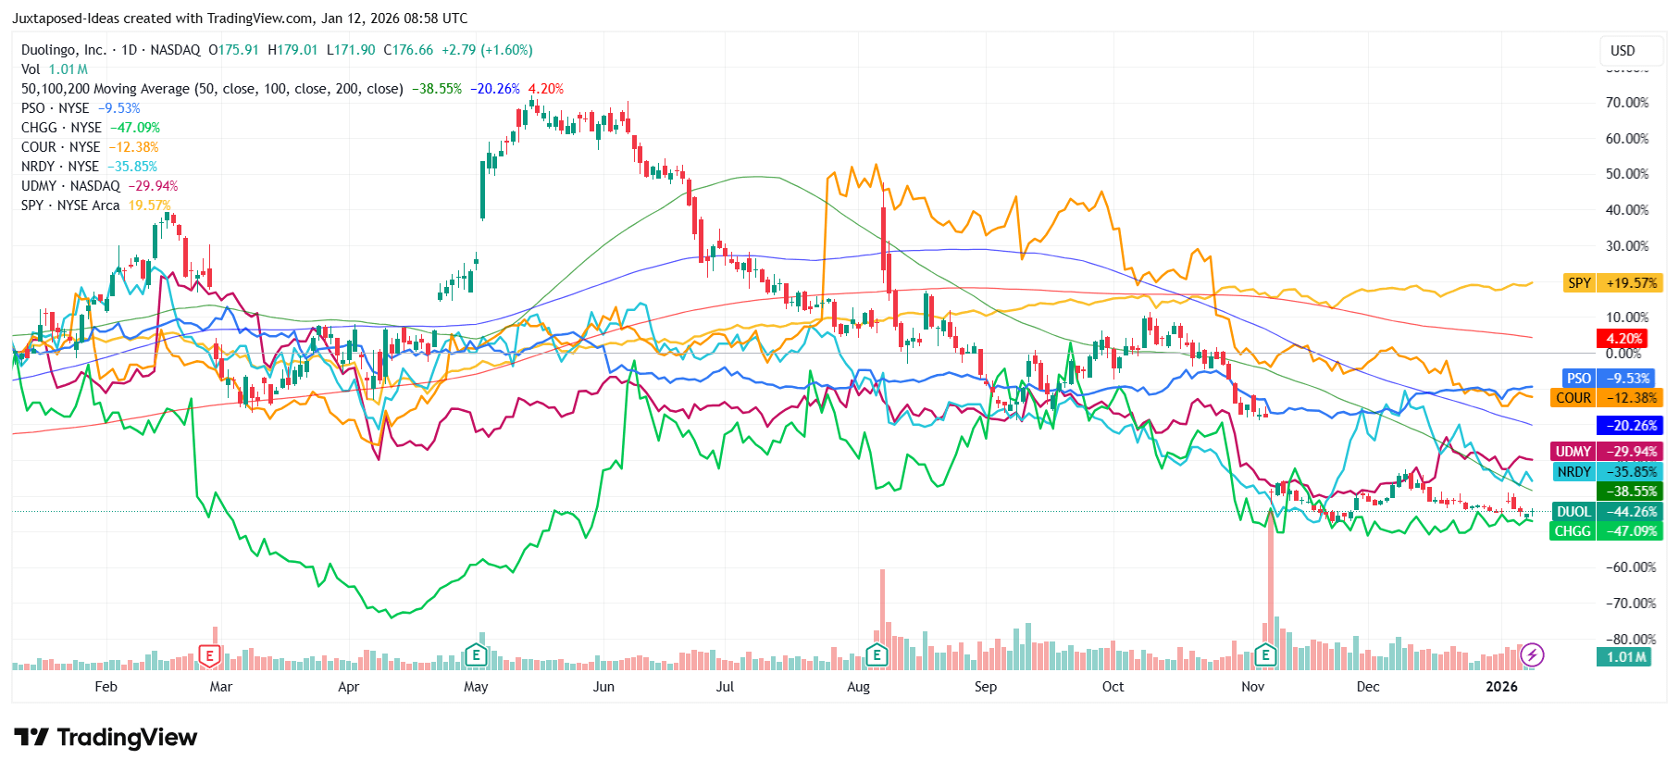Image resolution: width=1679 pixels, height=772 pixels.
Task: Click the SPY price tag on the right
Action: [x=1580, y=283]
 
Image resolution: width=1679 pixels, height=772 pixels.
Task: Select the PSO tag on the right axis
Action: [x=1578, y=379]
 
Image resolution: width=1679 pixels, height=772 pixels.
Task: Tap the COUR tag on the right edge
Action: [x=1573, y=398]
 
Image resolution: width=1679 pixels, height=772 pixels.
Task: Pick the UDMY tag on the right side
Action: [x=1573, y=452]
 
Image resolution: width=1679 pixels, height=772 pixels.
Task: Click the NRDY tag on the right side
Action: [x=1573, y=472]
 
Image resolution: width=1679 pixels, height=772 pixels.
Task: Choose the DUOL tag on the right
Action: [x=1573, y=512]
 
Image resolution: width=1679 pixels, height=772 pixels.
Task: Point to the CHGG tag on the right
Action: [x=1573, y=531]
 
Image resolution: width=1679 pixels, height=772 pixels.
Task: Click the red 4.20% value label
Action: [x=1623, y=339]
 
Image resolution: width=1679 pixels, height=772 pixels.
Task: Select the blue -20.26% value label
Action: [x=1629, y=426]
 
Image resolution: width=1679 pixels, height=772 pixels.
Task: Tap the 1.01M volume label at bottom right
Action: [x=1626, y=657]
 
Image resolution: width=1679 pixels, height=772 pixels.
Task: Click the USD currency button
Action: [x=1623, y=51]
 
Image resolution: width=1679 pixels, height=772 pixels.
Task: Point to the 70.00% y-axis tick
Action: [x=1627, y=103]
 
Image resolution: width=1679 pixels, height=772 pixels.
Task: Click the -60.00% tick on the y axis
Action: [x=1630, y=567]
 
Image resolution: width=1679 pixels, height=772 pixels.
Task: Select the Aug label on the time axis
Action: [x=858, y=687]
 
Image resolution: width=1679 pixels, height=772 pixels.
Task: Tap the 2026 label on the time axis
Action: [x=1501, y=687]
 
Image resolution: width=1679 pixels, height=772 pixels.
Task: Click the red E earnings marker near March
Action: [x=210, y=656]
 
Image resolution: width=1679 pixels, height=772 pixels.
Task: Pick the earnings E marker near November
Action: [x=1265, y=656]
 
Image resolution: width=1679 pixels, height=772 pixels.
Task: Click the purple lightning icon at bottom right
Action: [x=1533, y=655]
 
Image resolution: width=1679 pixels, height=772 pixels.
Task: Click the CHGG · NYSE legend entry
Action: [x=61, y=128]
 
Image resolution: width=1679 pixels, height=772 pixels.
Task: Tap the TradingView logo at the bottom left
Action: [x=106, y=738]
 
